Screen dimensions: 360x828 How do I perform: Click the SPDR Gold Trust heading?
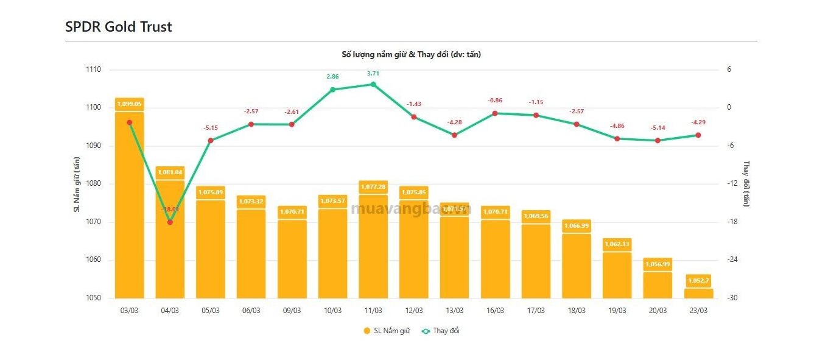pos(119,27)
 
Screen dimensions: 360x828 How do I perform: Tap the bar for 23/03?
pos(698,293)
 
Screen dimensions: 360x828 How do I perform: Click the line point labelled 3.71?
pos(373,84)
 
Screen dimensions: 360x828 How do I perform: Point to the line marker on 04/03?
pos(170,222)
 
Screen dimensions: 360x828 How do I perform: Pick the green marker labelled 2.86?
pos(332,90)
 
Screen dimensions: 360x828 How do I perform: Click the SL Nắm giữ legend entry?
pos(387,331)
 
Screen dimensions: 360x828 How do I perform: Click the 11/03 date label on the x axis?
pos(373,310)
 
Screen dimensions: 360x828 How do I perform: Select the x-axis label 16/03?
pos(495,310)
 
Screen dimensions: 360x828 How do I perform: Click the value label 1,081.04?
pos(170,172)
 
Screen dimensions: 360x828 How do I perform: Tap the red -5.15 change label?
pos(211,128)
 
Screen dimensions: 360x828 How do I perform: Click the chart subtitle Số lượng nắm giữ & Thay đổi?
pos(412,54)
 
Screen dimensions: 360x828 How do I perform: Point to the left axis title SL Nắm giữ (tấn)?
pos(77,185)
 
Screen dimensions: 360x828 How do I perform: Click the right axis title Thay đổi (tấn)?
pos(746,184)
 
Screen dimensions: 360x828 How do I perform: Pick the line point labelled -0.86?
pos(495,113)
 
